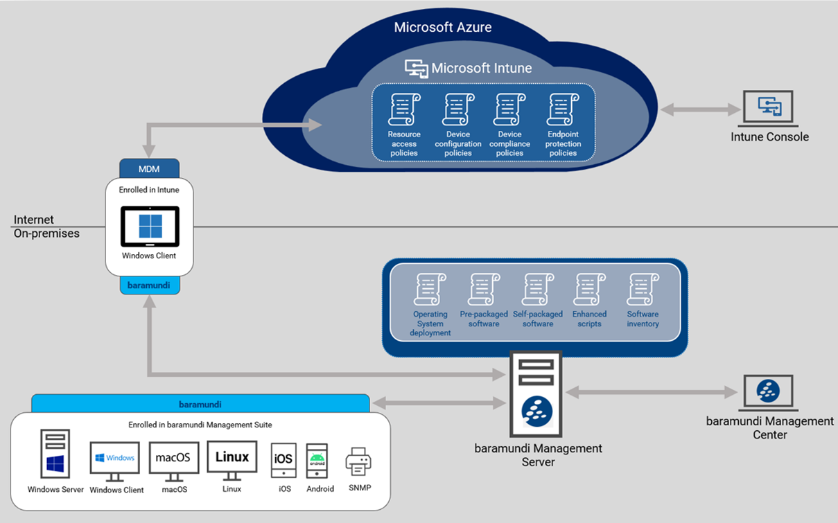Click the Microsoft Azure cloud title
443,28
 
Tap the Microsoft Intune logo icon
416,69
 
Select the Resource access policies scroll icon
404,110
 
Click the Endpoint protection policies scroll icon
563,110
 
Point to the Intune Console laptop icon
769,108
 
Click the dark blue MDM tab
149,168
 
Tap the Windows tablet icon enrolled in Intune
150,227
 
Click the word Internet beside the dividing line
34,220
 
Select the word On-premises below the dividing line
46,233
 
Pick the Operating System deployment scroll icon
430,290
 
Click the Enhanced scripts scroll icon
589,290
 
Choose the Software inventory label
643,319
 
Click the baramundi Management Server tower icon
536,394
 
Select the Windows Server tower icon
55,454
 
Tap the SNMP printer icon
358,462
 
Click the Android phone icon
317,461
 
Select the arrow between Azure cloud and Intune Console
701,109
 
